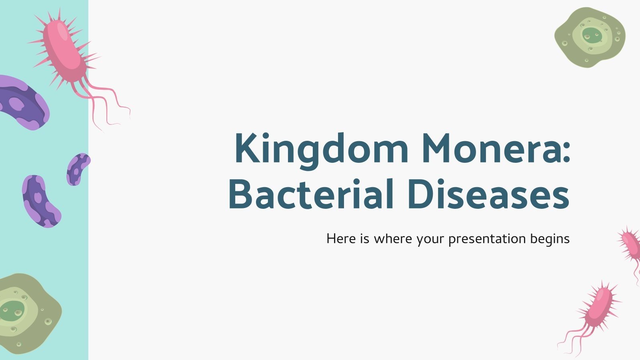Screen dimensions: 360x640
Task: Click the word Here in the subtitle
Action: [340, 239]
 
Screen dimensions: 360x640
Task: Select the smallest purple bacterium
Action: [78, 169]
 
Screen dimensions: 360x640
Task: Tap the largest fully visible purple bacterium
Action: [40, 201]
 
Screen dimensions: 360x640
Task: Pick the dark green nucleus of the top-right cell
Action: [592, 35]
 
